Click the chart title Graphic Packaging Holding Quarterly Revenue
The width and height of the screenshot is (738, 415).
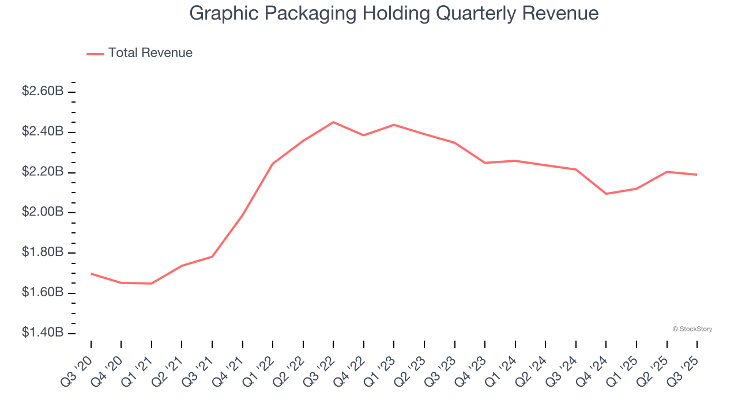click(394, 13)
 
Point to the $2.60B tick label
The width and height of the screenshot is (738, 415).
click(43, 91)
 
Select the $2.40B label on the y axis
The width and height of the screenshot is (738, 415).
click(43, 131)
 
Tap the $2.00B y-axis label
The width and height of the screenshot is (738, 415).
click(43, 212)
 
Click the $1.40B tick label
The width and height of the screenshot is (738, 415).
click(43, 333)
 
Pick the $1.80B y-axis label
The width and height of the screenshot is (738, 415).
click(43, 252)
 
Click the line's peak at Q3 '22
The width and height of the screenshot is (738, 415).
click(333, 122)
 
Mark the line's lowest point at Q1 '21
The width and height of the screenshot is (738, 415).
click(152, 284)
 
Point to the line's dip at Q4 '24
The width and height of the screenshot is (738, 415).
click(606, 194)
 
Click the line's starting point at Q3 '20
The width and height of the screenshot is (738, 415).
click(91, 274)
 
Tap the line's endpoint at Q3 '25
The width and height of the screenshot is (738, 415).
click(697, 175)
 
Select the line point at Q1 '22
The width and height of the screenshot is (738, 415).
click(273, 164)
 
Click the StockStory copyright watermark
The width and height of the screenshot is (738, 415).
click(692, 329)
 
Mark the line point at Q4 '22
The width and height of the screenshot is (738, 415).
click(364, 135)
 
